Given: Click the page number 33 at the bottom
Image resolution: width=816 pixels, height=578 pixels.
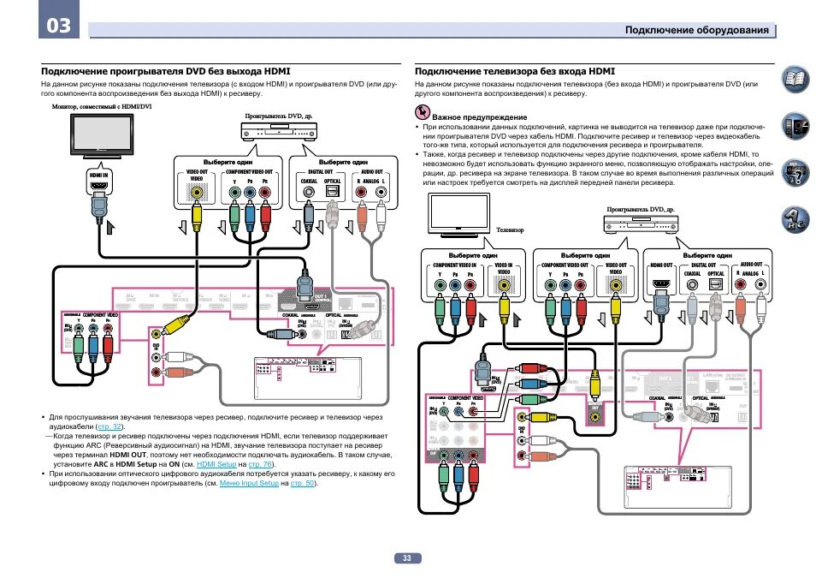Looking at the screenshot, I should (x=407, y=557).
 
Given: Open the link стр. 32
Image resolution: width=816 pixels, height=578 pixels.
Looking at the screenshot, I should (x=111, y=426).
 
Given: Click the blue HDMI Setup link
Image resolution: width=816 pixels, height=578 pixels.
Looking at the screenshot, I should (x=216, y=464).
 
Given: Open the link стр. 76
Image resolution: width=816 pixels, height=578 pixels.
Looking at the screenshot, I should (x=258, y=464).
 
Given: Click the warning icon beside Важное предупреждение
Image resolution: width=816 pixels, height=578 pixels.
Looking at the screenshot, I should (x=422, y=114).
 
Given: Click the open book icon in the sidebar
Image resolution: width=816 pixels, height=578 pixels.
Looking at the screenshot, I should (x=794, y=81).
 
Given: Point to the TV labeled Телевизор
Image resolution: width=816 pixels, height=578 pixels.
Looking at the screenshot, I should (x=460, y=214).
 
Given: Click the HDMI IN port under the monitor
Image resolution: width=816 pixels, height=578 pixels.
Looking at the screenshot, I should (x=98, y=186).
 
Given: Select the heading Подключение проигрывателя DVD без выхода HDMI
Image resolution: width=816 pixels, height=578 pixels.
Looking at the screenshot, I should (x=166, y=72).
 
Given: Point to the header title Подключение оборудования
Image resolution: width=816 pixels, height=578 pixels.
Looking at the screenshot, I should (x=696, y=31).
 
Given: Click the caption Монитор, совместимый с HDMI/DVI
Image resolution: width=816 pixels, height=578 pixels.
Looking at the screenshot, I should (x=101, y=106).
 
